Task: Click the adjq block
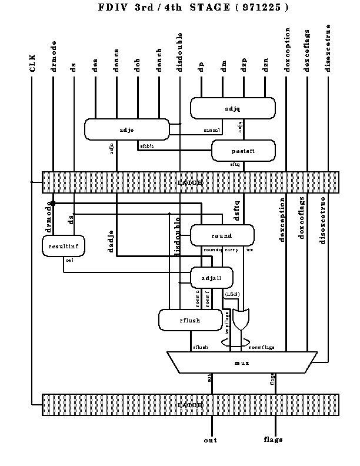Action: [x=232, y=108]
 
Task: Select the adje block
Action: [x=126, y=129]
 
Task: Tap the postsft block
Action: [x=243, y=151]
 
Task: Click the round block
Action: [x=222, y=235]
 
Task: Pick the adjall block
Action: [x=211, y=278]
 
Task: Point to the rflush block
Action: [x=189, y=320]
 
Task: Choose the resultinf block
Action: [x=63, y=246]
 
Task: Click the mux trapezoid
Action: [x=242, y=362]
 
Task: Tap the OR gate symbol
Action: [x=241, y=320]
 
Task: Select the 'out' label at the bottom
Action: [x=211, y=440]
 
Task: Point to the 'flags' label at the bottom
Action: [x=274, y=440]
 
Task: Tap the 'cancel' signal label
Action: [x=211, y=130]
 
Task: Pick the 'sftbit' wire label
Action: [x=146, y=145]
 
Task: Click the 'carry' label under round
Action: [x=231, y=250]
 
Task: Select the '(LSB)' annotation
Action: [x=232, y=294]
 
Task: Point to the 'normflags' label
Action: [x=261, y=348]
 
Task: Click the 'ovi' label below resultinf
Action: [x=69, y=259]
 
